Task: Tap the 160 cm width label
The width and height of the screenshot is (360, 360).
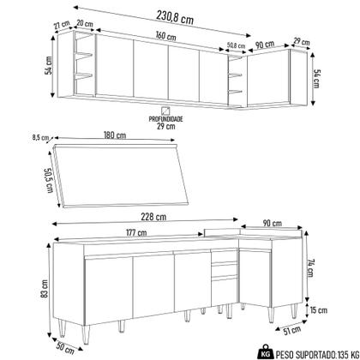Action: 166,38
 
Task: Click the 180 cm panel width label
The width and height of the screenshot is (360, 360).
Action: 128,135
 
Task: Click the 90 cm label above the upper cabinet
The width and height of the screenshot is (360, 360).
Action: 266,45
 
